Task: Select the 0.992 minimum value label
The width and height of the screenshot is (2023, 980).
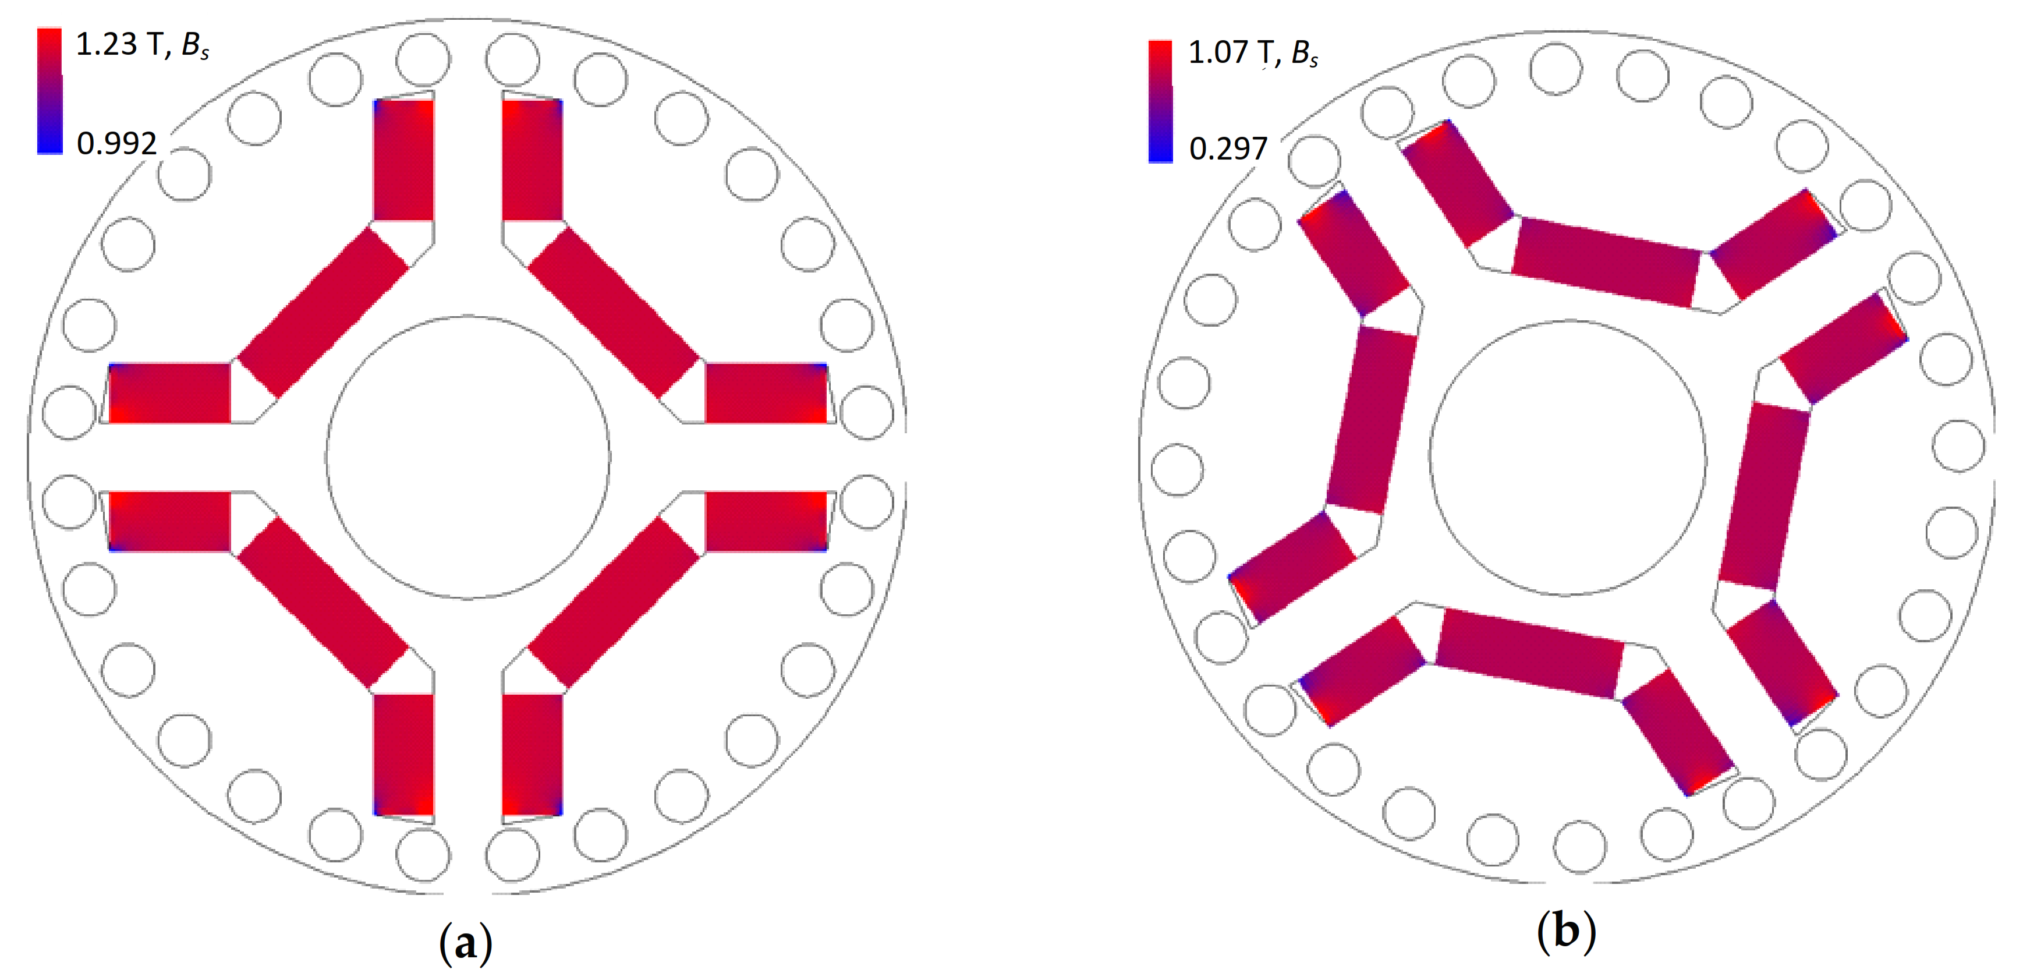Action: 116,143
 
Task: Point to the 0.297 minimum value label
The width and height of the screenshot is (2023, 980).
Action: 1228,148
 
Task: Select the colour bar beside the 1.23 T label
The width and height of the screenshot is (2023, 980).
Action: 49,91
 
